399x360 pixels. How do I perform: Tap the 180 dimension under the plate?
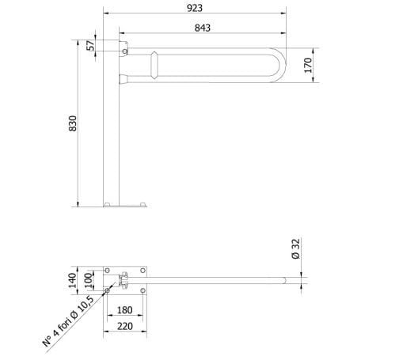123,310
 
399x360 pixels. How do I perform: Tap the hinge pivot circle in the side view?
124,53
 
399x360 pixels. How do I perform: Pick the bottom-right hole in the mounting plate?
142,290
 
